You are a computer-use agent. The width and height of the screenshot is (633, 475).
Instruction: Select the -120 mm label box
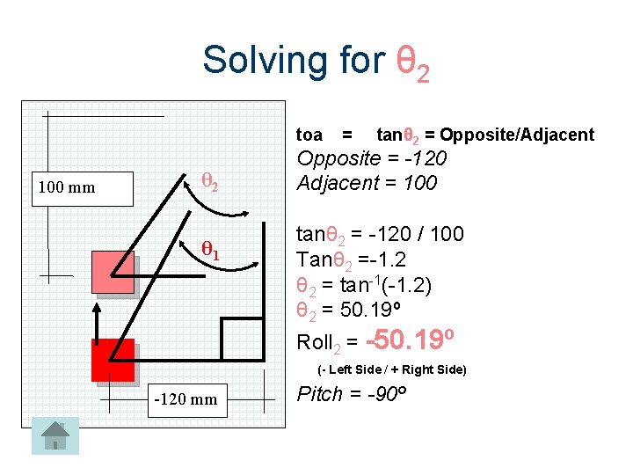click(x=186, y=399)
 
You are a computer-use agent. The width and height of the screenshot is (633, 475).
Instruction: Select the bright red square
click(x=113, y=360)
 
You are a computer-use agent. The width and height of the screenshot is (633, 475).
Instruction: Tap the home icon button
click(x=55, y=435)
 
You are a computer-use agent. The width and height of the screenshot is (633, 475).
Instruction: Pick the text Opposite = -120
click(x=372, y=159)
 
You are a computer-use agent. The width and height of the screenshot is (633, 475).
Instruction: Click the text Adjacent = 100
click(x=367, y=183)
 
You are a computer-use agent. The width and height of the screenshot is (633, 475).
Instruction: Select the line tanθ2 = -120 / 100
click(x=380, y=235)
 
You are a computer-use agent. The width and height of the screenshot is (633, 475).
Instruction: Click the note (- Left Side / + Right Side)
click(x=391, y=369)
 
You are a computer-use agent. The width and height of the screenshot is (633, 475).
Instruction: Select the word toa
click(x=309, y=135)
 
